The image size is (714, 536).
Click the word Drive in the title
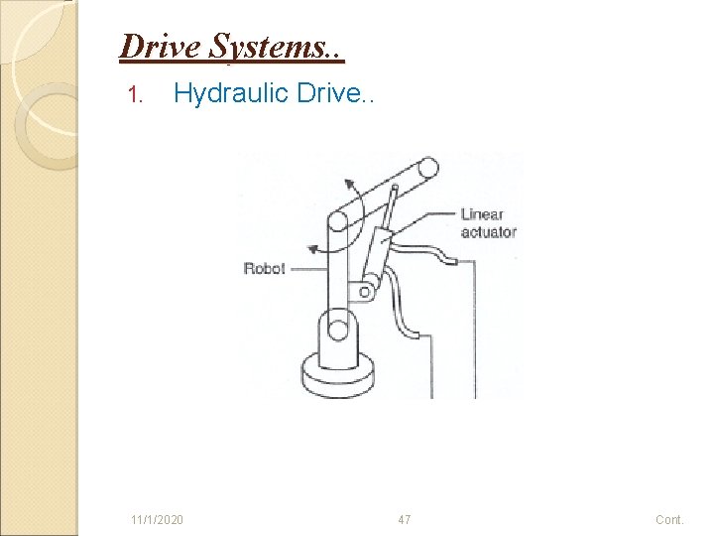pyautogui.click(x=154, y=47)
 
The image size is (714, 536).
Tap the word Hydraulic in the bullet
pyautogui.click(x=232, y=94)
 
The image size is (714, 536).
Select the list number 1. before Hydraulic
pyautogui.click(x=138, y=96)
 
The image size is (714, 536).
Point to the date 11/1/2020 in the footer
pyautogui.click(x=156, y=519)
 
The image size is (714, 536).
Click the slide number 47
pyautogui.click(x=404, y=519)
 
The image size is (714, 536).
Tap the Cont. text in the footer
pyautogui.click(x=669, y=519)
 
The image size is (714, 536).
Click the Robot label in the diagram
pyautogui.click(x=264, y=268)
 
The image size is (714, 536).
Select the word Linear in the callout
pyautogui.click(x=482, y=214)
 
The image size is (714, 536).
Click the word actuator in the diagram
pyautogui.click(x=489, y=232)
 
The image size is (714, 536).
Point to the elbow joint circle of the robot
pyautogui.click(x=337, y=224)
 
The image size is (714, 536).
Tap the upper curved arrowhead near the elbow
pyautogui.click(x=348, y=182)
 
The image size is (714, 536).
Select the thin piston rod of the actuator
pyautogui.click(x=390, y=208)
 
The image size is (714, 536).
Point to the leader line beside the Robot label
pyautogui.click(x=305, y=268)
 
